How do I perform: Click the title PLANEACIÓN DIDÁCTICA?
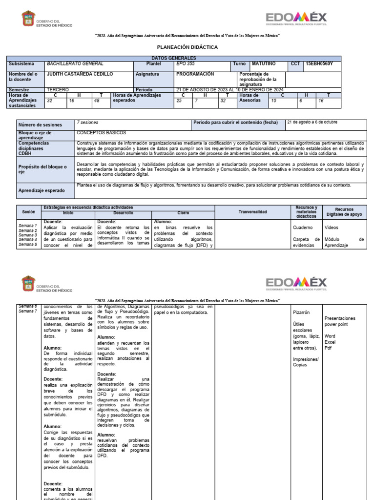coord(187,47)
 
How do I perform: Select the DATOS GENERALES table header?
coord(187,58)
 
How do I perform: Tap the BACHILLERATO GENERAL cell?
coord(75,64)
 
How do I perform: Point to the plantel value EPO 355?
coord(185,64)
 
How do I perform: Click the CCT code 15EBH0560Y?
coord(319,64)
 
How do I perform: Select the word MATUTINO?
coord(264,64)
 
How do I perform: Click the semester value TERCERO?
coord(58,90)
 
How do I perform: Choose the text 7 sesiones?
coord(86,122)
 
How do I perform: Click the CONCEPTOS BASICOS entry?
coord(101,133)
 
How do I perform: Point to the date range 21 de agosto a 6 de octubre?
coord(312,122)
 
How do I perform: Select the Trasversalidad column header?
coord(252,212)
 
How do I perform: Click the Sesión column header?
coord(29,212)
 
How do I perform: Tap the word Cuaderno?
coord(302,228)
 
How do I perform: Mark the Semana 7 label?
coord(27,311)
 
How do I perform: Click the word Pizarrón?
coord(301,312)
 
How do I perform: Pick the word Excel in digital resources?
coord(330,342)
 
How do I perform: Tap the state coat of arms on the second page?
coord(28,283)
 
